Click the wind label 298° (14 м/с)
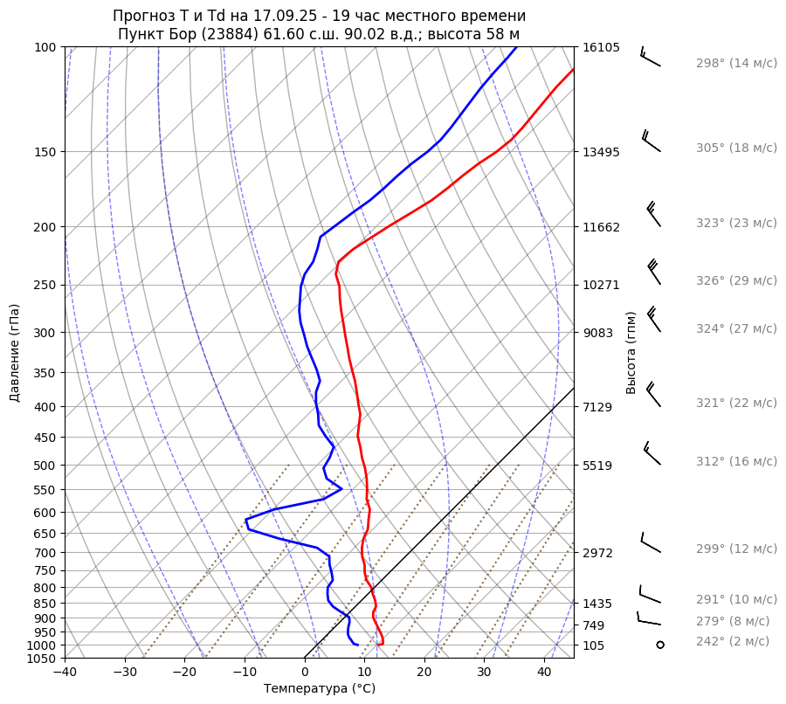point(736,64)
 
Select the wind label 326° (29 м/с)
point(736,281)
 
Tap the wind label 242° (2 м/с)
point(733,642)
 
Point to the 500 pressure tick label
point(45,466)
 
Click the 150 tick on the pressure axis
point(45,152)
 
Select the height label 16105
point(601,47)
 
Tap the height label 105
point(594,645)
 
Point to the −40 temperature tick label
point(65,673)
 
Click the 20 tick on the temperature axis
point(424,673)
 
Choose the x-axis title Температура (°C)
point(320,689)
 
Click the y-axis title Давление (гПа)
point(15,353)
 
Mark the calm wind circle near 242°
point(660,645)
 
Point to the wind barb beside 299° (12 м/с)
point(650,543)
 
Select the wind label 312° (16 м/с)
point(736,462)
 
